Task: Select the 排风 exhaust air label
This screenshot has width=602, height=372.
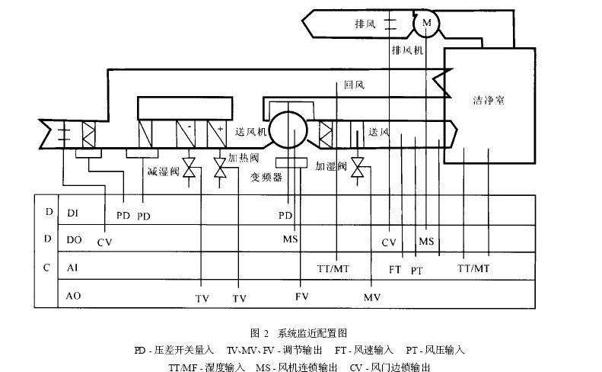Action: click(x=365, y=24)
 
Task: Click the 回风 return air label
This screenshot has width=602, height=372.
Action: click(x=355, y=85)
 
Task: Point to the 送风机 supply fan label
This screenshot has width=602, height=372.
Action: click(x=250, y=132)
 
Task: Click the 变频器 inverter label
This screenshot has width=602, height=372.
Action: click(x=266, y=177)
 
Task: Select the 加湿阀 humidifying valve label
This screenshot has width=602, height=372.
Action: click(x=331, y=165)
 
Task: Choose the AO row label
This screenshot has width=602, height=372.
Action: click(x=74, y=294)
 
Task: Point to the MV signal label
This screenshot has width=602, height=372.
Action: click(x=371, y=297)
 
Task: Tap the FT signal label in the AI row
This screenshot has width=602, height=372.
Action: click(x=395, y=269)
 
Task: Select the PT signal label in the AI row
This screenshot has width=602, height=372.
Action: click(x=416, y=271)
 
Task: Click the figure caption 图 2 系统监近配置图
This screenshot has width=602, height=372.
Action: click(x=298, y=333)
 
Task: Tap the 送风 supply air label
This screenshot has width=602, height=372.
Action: click(x=379, y=131)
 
